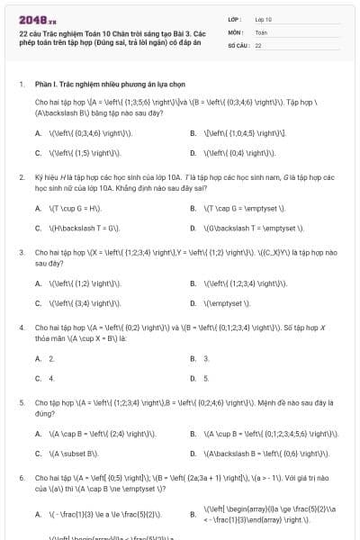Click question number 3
22,253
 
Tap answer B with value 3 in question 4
206,358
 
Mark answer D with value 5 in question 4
206,378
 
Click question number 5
22,403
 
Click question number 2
22,176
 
